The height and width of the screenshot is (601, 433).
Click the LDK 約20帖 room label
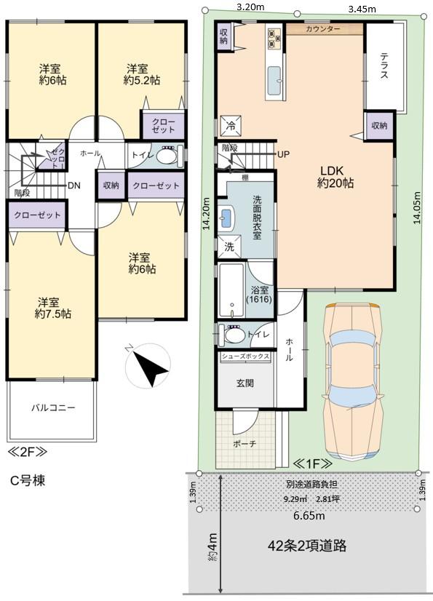tap(335, 178)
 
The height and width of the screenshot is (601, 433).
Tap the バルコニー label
tap(52, 408)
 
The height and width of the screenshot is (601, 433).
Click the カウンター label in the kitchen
tap(323, 29)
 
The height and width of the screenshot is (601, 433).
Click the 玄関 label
tap(245, 383)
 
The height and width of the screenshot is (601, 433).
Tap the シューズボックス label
tap(245, 357)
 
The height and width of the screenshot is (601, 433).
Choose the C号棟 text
tap(28, 481)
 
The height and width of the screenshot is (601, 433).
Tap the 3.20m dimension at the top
tap(250, 7)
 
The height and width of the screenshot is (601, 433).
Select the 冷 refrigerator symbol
tap(229, 124)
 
